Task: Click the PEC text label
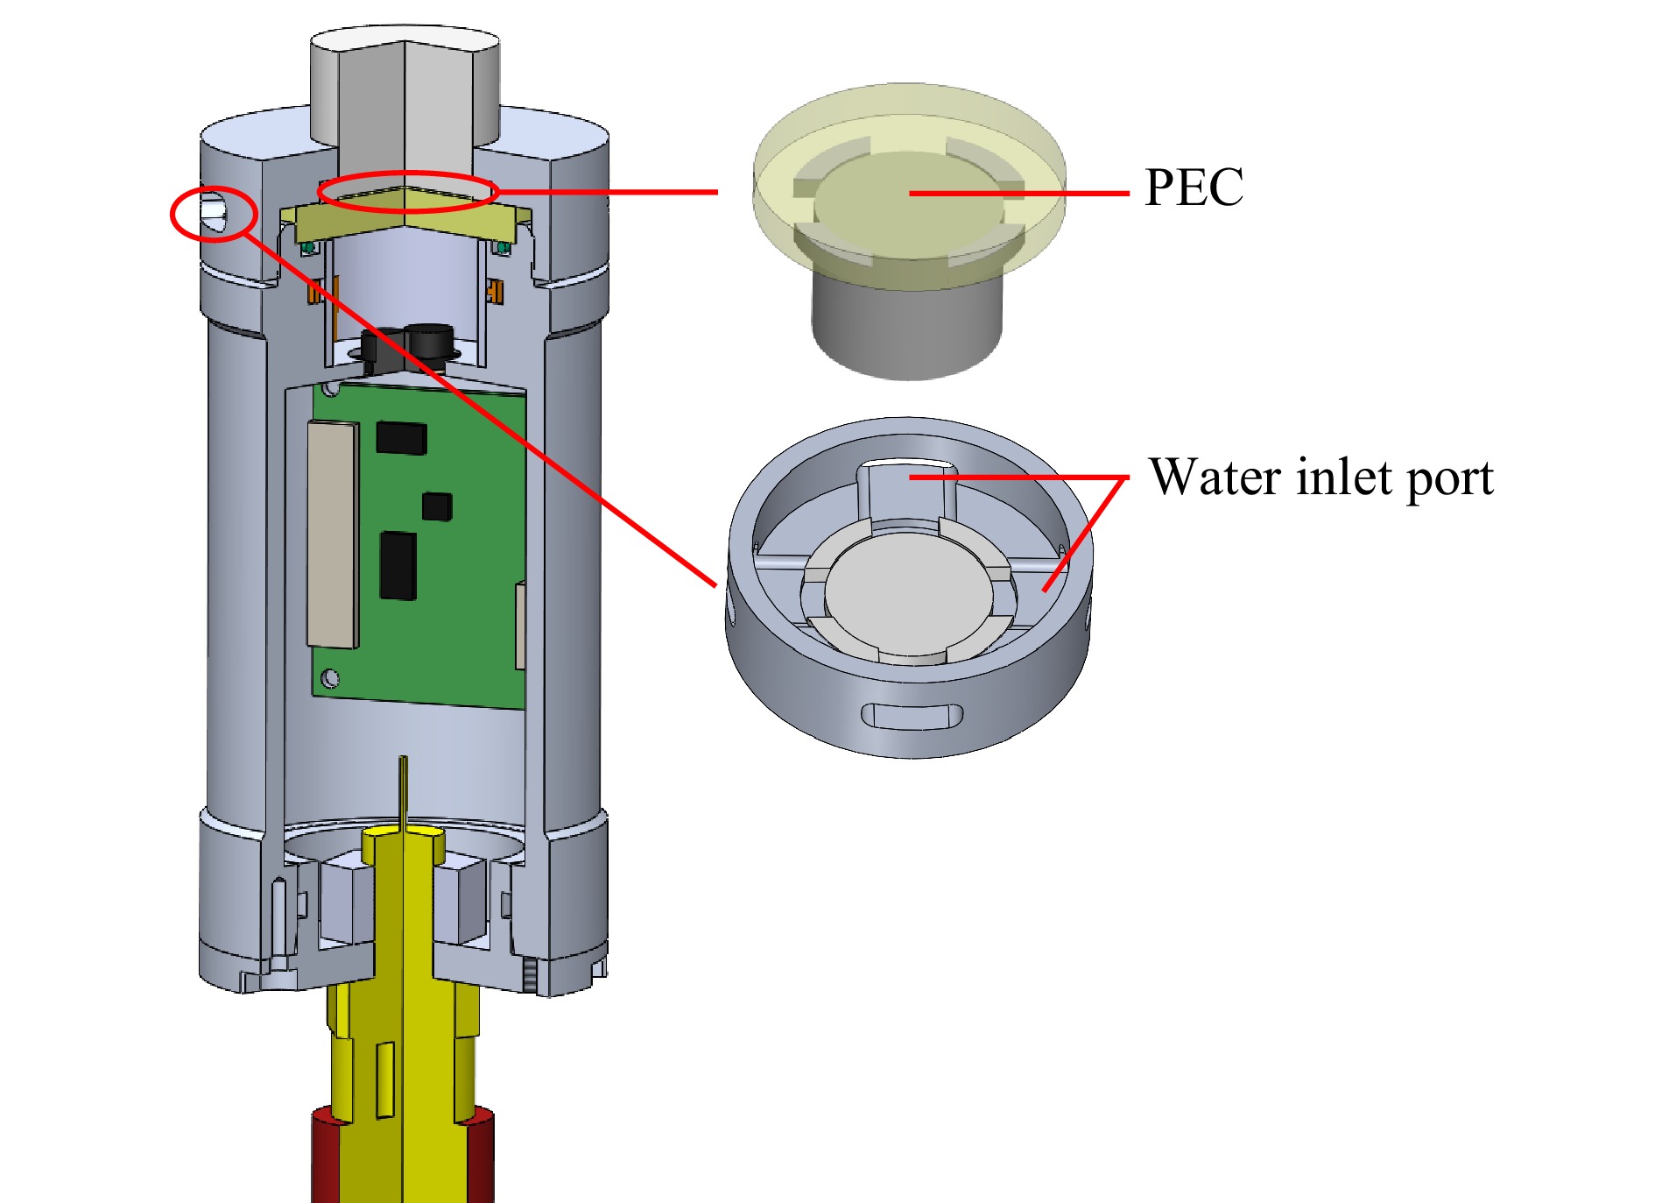(1194, 188)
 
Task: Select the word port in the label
(1449, 479)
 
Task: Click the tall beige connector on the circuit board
(333, 534)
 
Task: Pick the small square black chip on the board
(437, 506)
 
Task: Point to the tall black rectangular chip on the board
(398, 565)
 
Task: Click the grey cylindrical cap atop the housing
(405, 88)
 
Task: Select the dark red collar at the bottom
(324, 1157)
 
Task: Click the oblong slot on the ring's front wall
(912, 715)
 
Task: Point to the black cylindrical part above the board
(429, 342)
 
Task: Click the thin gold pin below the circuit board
(403, 789)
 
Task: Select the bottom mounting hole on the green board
(330, 677)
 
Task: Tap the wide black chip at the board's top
(401, 438)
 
